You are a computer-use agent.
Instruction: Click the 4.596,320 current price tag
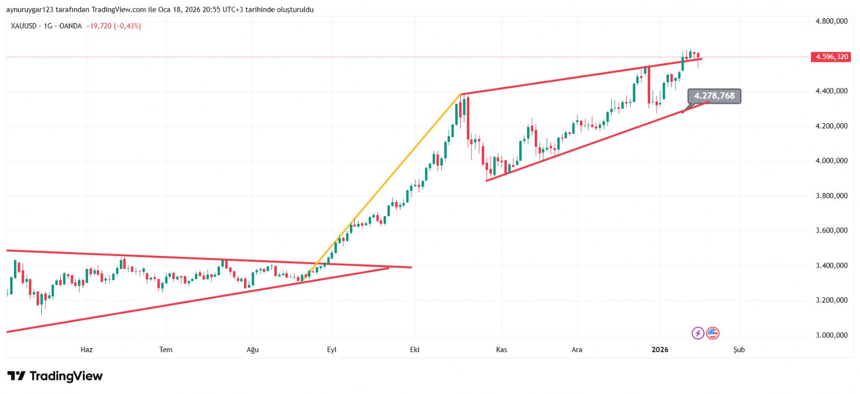pyautogui.click(x=831, y=56)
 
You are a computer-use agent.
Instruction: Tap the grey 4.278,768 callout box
pyautogui.click(x=714, y=96)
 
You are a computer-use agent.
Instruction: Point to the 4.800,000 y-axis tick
pyautogui.click(x=831, y=21)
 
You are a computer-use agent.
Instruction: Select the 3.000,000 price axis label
pyautogui.click(x=831, y=335)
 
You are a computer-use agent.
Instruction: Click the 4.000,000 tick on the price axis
pyautogui.click(x=831, y=161)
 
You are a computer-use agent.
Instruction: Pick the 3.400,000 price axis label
pyautogui.click(x=831, y=266)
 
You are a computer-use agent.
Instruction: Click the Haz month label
pyautogui.click(x=86, y=349)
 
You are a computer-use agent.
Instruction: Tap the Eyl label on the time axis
pyautogui.click(x=332, y=349)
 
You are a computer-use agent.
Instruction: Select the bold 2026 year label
pyautogui.click(x=660, y=349)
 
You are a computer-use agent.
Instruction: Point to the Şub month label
pyautogui.click(x=739, y=349)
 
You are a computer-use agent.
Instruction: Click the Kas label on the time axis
pyautogui.click(x=501, y=349)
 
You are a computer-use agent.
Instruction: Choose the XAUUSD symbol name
pyautogui.click(x=24, y=26)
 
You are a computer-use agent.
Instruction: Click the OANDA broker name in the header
pyautogui.click(x=70, y=26)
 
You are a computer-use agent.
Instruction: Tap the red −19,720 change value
pyautogui.click(x=98, y=26)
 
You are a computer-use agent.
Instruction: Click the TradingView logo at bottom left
pyautogui.click(x=55, y=376)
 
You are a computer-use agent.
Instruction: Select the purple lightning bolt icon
pyautogui.click(x=698, y=333)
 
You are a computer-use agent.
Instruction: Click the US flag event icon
pyautogui.click(x=713, y=333)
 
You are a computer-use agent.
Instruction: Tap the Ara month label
pyautogui.click(x=577, y=349)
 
